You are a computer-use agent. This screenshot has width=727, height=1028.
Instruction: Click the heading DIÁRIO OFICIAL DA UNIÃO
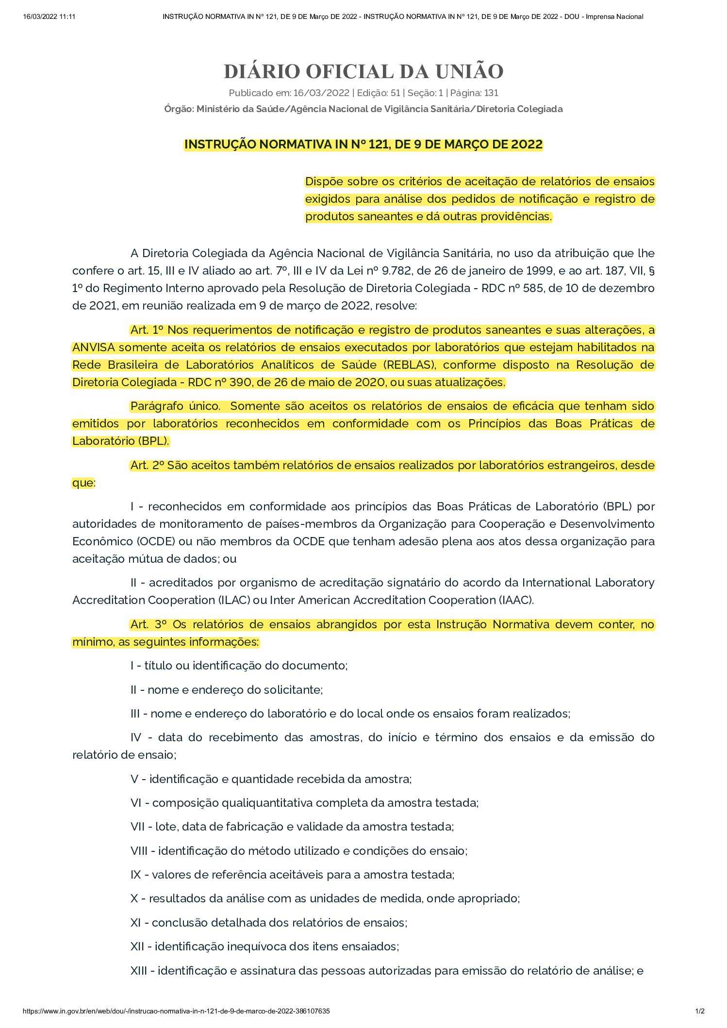363,72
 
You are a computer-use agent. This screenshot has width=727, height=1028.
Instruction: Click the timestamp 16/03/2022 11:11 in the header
49,16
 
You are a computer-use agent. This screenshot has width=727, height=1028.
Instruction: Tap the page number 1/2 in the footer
700,1012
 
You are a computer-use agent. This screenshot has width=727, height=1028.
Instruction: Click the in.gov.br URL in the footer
176,1012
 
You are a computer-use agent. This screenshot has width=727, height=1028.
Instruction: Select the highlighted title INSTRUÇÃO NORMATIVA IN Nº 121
363,145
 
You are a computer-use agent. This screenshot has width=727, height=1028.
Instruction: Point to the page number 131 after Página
491,93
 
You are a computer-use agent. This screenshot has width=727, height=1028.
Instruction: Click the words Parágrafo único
175,406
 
